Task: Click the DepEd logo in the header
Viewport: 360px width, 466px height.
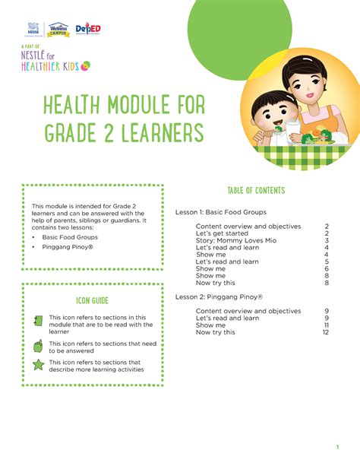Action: pyautogui.click(x=90, y=29)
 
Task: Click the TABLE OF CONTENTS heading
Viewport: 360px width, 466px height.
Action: pyautogui.click(x=254, y=190)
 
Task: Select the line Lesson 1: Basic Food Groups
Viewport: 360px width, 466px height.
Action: pyautogui.click(x=221, y=212)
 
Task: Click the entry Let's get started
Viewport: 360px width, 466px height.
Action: pyautogui.click(x=226, y=233)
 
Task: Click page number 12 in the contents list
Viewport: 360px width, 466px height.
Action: pyautogui.click(x=325, y=332)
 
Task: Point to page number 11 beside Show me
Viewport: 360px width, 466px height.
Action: pyautogui.click(x=326, y=325)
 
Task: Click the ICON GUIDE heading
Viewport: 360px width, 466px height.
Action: pyautogui.click(x=92, y=300)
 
